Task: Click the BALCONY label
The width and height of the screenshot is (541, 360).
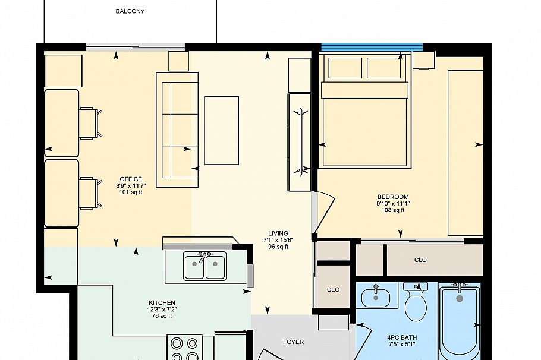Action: pos(130,11)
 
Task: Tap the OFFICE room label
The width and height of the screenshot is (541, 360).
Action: pos(131,179)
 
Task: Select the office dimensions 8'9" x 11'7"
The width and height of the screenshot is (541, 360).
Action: pos(131,186)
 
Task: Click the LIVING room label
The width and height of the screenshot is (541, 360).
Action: pos(278,233)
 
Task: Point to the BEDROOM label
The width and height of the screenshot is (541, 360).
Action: pos(393,197)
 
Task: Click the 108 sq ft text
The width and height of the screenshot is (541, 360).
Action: pos(393,210)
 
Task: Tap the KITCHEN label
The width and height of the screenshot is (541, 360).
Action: pos(162,303)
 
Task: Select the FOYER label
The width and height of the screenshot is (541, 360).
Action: pos(293,342)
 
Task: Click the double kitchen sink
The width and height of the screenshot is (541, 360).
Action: pos(205,266)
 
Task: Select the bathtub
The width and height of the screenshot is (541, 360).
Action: pos(459,321)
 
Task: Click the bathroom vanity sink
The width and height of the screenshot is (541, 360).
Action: pos(376,296)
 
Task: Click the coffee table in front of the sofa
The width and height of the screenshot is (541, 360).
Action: pos(221,130)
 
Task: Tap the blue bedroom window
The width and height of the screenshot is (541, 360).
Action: pos(372,46)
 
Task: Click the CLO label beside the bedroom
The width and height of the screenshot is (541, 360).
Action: pos(420,260)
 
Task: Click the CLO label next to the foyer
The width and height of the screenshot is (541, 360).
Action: pos(333,290)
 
